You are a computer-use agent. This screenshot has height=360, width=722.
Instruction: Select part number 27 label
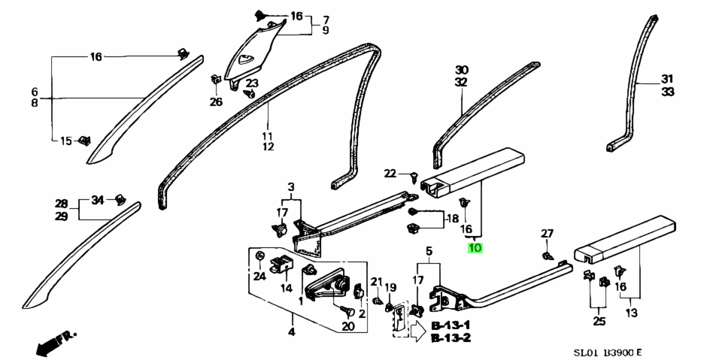[x=547, y=234]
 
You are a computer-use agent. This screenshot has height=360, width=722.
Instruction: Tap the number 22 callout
[x=390, y=174]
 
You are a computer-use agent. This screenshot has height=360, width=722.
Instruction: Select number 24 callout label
[x=259, y=275]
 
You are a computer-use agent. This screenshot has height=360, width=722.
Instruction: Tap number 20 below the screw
[x=347, y=325]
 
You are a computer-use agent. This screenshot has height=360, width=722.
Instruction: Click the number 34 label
[x=97, y=200]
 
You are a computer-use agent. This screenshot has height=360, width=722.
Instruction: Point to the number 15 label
[x=66, y=141]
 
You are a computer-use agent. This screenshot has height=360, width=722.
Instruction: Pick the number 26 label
[x=216, y=101]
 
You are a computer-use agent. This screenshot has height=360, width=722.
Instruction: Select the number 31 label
[x=667, y=79]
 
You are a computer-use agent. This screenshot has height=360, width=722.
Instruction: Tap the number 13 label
[x=631, y=312]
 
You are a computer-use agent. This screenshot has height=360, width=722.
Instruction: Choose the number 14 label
[x=287, y=288]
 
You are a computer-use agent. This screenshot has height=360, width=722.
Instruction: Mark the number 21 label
[x=376, y=281]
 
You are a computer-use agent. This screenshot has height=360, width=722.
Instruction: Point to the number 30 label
[x=461, y=69]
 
